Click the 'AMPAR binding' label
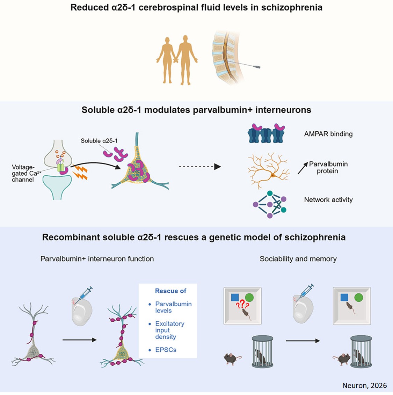point(328,134)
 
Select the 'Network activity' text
point(328,200)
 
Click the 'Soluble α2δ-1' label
point(99,141)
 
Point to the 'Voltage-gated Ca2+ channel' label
point(23,174)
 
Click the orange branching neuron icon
point(268,170)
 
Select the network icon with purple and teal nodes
point(269,204)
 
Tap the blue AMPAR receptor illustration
point(266,134)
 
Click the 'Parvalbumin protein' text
point(328,167)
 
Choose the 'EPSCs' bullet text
point(166,350)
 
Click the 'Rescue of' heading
point(170,291)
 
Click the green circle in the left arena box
point(249,298)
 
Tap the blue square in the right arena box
point(344,298)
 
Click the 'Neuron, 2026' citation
point(364,385)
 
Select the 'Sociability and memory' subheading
point(298,259)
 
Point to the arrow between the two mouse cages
point(303,341)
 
